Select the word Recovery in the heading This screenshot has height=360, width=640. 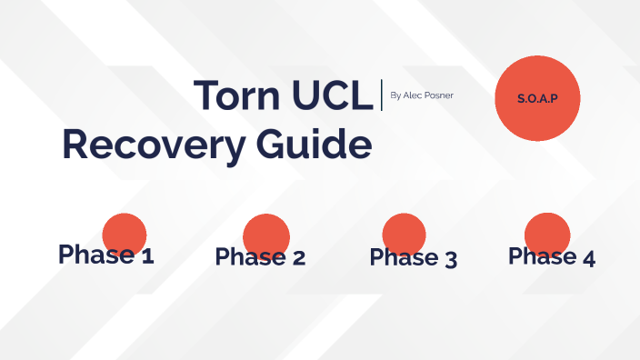pyautogui.click(x=141, y=145)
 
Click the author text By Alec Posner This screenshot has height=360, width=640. pyautogui.click(x=421, y=95)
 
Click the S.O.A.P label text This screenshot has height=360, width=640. pyautogui.click(x=536, y=97)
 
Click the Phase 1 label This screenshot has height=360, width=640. pyautogui.click(x=105, y=255)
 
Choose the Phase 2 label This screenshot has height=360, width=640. pyautogui.click(x=260, y=257)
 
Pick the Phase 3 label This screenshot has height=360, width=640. pyautogui.click(x=413, y=257)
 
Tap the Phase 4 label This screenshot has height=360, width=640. pyautogui.click(x=552, y=256)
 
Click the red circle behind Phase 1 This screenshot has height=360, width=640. pyautogui.click(x=125, y=227)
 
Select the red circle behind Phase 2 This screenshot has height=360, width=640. pyautogui.click(x=266, y=228)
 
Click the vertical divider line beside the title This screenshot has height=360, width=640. pyautogui.click(x=382, y=95)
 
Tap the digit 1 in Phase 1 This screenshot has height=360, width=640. pyautogui.click(x=146, y=255)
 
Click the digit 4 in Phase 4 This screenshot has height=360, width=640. pyautogui.click(x=587, y=257)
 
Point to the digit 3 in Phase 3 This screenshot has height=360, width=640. pyautogui.click(x=449, y=258)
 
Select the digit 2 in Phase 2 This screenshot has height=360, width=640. pyautogui.click(x=297, y=258)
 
